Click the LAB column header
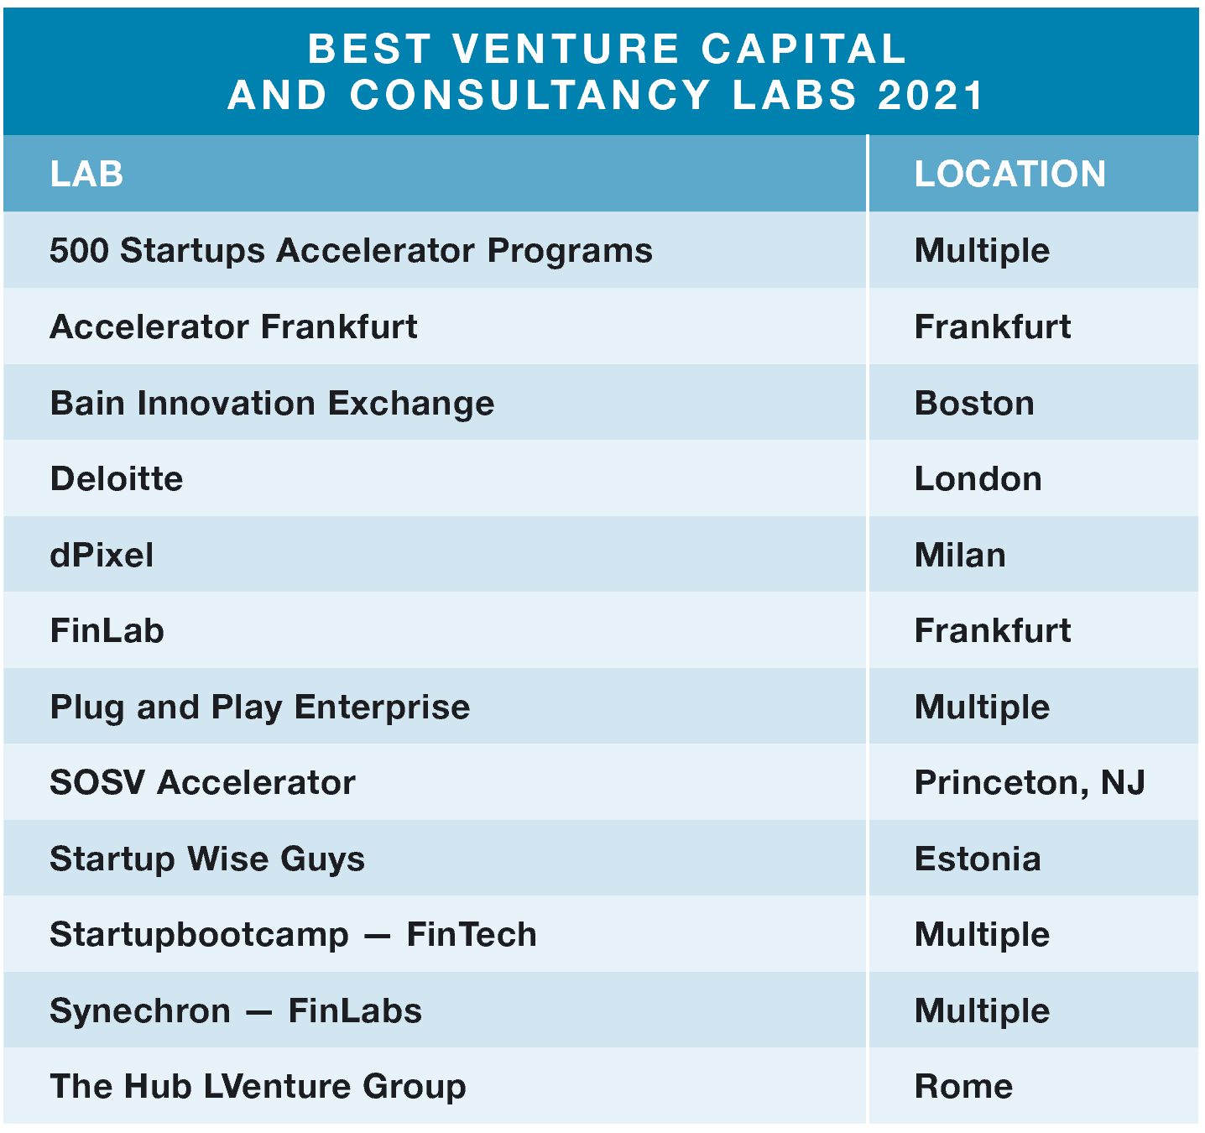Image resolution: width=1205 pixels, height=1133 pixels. (x=86, y=174)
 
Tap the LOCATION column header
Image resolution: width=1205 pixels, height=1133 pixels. (x=1009, y=174)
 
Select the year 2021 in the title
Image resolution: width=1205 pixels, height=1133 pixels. (x=930, y=96)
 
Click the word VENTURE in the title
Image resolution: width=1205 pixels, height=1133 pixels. (x=566, y=49)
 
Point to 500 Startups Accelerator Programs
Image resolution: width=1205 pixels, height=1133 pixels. (x=352, y=251)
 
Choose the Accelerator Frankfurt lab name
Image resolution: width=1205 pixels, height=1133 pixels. (x=233, y=326)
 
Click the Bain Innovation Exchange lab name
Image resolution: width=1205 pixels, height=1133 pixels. (x=272, y=404)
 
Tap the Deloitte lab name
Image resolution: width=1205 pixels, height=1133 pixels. (x=117, y=479)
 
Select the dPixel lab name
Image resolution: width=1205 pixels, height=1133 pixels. (x=102, y=555)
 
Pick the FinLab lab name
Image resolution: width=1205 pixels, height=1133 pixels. (x=107, y=630)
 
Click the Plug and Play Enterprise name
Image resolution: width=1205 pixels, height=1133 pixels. (x=259, y=707)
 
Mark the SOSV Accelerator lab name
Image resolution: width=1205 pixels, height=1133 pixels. (x=203, y=782)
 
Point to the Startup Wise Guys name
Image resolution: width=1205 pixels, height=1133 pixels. (x=207, y=859)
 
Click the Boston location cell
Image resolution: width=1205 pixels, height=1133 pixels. (x=974, y=403)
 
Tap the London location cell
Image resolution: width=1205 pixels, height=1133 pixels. (x=978, y=479)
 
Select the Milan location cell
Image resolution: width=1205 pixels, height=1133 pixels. (x=960, y=555)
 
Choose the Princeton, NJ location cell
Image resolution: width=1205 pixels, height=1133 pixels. (x=1030, y=783)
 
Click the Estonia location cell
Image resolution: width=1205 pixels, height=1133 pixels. (x=978, y=859)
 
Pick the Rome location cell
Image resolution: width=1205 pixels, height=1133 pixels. (x=963, y=1086)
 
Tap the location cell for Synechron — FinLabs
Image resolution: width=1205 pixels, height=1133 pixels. (x=982, y=1011)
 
